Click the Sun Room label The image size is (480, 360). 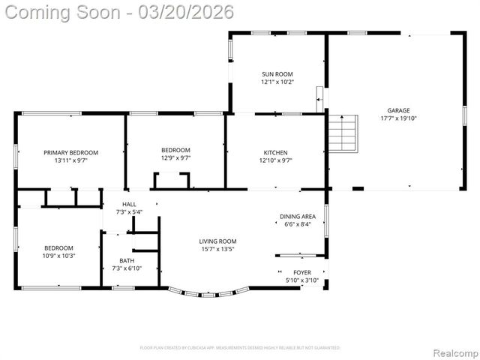[x=277, y=74]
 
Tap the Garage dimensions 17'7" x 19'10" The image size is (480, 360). [x=397, y=118]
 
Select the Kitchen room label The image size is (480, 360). [x=275, y=152]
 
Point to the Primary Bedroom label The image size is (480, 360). [x=70, y=152]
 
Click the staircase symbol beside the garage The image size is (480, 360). [x=340, y=132]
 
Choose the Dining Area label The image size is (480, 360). [x=298, y=216]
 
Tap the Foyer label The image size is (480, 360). [x=302, y=272]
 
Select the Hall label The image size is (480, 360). [x=130, y=204]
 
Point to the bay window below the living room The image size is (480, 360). [x=207, y=293]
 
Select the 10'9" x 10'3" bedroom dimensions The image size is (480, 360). [x=58, y=256]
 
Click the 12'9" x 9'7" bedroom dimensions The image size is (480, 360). [x=175, y=158]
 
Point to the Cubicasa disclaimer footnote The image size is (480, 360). [x=240, y=347]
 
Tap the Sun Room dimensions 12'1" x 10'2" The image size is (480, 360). [x=277, y=82]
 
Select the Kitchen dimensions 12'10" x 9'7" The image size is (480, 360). [x=275, y=160]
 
